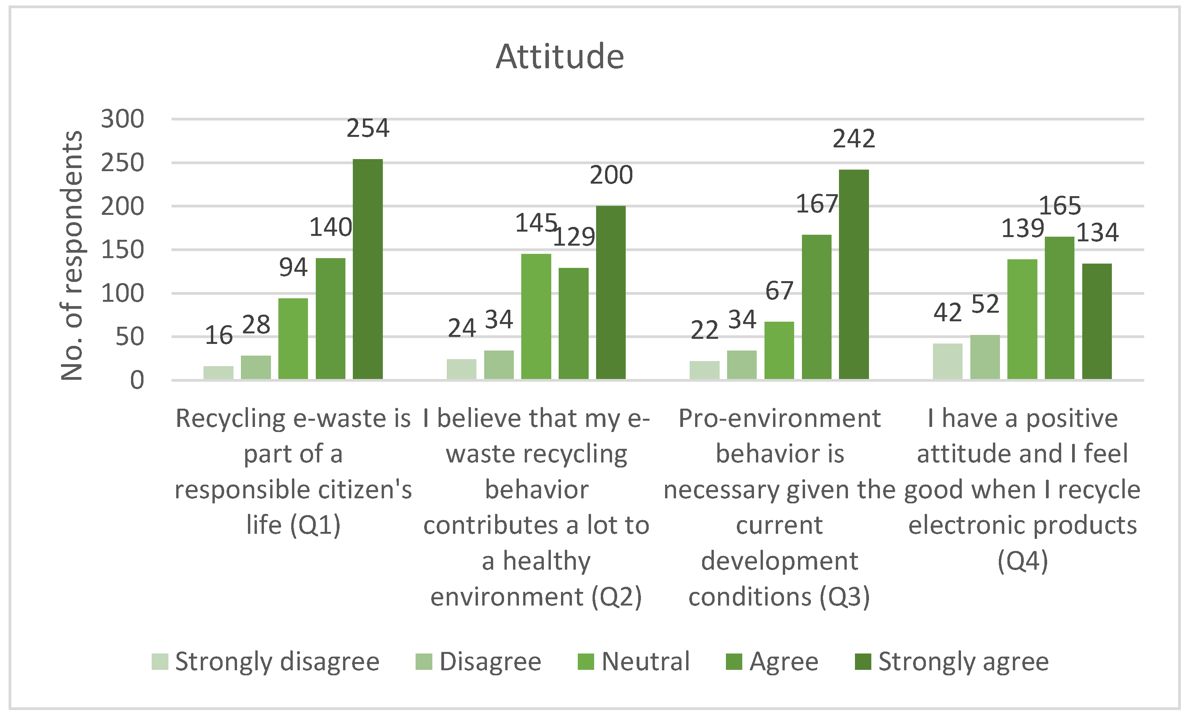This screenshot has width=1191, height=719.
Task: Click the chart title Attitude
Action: (x=560, y=57)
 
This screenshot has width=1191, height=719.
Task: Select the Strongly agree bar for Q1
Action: (x=368, y=269)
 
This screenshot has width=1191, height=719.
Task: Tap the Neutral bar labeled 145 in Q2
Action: (x=536, y=316)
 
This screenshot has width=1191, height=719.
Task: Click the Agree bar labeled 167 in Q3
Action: (x=816, y=307)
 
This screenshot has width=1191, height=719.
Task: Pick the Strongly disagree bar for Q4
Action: (x=947, y=361)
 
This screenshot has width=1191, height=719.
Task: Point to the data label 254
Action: (x=368, y=129)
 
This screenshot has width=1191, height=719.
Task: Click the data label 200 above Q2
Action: (x=611, y=175)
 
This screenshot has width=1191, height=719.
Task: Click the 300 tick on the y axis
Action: (x=122, y=119)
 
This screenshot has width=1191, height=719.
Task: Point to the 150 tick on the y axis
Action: (x=122, y=250)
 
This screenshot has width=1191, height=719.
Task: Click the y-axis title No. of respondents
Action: (x=71, y=255)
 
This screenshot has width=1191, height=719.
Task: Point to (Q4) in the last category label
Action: (x=1023, y=561)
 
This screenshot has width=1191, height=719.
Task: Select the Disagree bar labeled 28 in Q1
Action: (x=256, y=367)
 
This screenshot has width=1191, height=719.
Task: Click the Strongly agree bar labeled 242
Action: (x=854, y=274)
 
